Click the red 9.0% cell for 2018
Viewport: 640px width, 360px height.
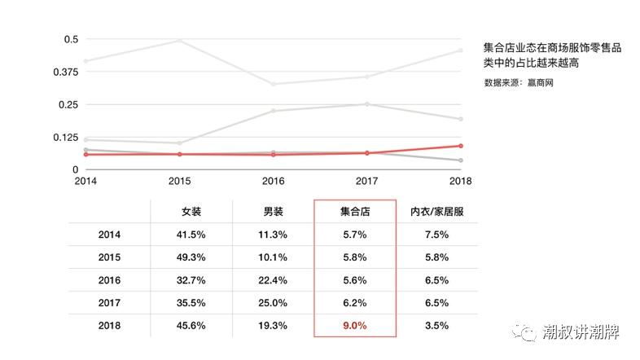click(355, 325)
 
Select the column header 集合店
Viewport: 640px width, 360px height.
click(355, 211)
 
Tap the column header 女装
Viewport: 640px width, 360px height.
click(191, 211)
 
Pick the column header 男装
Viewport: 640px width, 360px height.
click(273, 211)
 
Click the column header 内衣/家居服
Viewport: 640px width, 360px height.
click(436, 211)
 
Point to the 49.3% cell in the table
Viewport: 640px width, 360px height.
click(191, 257)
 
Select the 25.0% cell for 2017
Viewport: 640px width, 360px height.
click(273, 302)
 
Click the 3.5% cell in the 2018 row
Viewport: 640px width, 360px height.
click(436, 325)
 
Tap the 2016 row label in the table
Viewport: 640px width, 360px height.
click(109, 279)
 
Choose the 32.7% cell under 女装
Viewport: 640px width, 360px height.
click(191, 279)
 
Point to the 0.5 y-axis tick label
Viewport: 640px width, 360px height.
click(70, 39)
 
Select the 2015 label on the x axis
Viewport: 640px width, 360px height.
click(179, 181)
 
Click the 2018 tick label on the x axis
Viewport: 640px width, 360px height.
click(460, 181)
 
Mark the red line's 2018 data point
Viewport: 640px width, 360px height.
click(461, 146)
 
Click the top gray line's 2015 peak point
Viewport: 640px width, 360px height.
click(179, 41)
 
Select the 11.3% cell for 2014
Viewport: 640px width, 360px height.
click(273, 234)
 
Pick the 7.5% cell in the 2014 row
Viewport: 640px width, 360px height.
click(436, 234)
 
